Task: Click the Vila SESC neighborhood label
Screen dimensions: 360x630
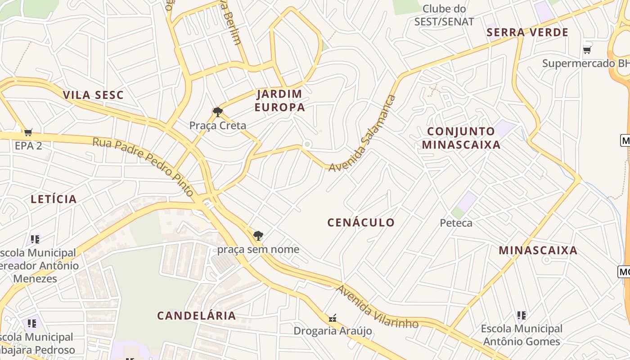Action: [x=93, y=95]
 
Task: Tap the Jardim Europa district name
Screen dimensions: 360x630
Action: [x=279, y=100]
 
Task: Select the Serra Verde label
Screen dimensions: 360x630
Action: [x=528, y=32]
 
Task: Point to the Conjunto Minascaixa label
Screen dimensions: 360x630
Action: [x=461, y=138]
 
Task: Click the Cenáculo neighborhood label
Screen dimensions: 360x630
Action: [x=361, y=222]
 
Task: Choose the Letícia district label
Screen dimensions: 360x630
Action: [x=54, y=199]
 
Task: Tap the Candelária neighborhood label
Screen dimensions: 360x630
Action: [x=196, y=315]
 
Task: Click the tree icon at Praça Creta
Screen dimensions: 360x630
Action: [x=217, y=112]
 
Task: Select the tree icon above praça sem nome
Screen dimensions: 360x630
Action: [x=258, y=235]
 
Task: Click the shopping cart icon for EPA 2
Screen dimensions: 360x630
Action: [x=28, y=132]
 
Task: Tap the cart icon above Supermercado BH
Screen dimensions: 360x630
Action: [x=587, y=49]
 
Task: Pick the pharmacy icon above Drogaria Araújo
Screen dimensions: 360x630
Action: [x=333, y=318]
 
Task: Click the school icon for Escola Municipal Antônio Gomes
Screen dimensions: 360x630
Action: [x=522, y=315]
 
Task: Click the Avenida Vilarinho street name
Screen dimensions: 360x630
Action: [x=377, y=307]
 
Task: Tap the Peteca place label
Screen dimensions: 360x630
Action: [x=456, y=223]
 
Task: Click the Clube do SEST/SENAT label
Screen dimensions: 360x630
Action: [x=444, y=15]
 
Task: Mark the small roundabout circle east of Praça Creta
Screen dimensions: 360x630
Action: [x=307, y=144]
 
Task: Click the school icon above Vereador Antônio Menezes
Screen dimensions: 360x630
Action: [x=35, y=239]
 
